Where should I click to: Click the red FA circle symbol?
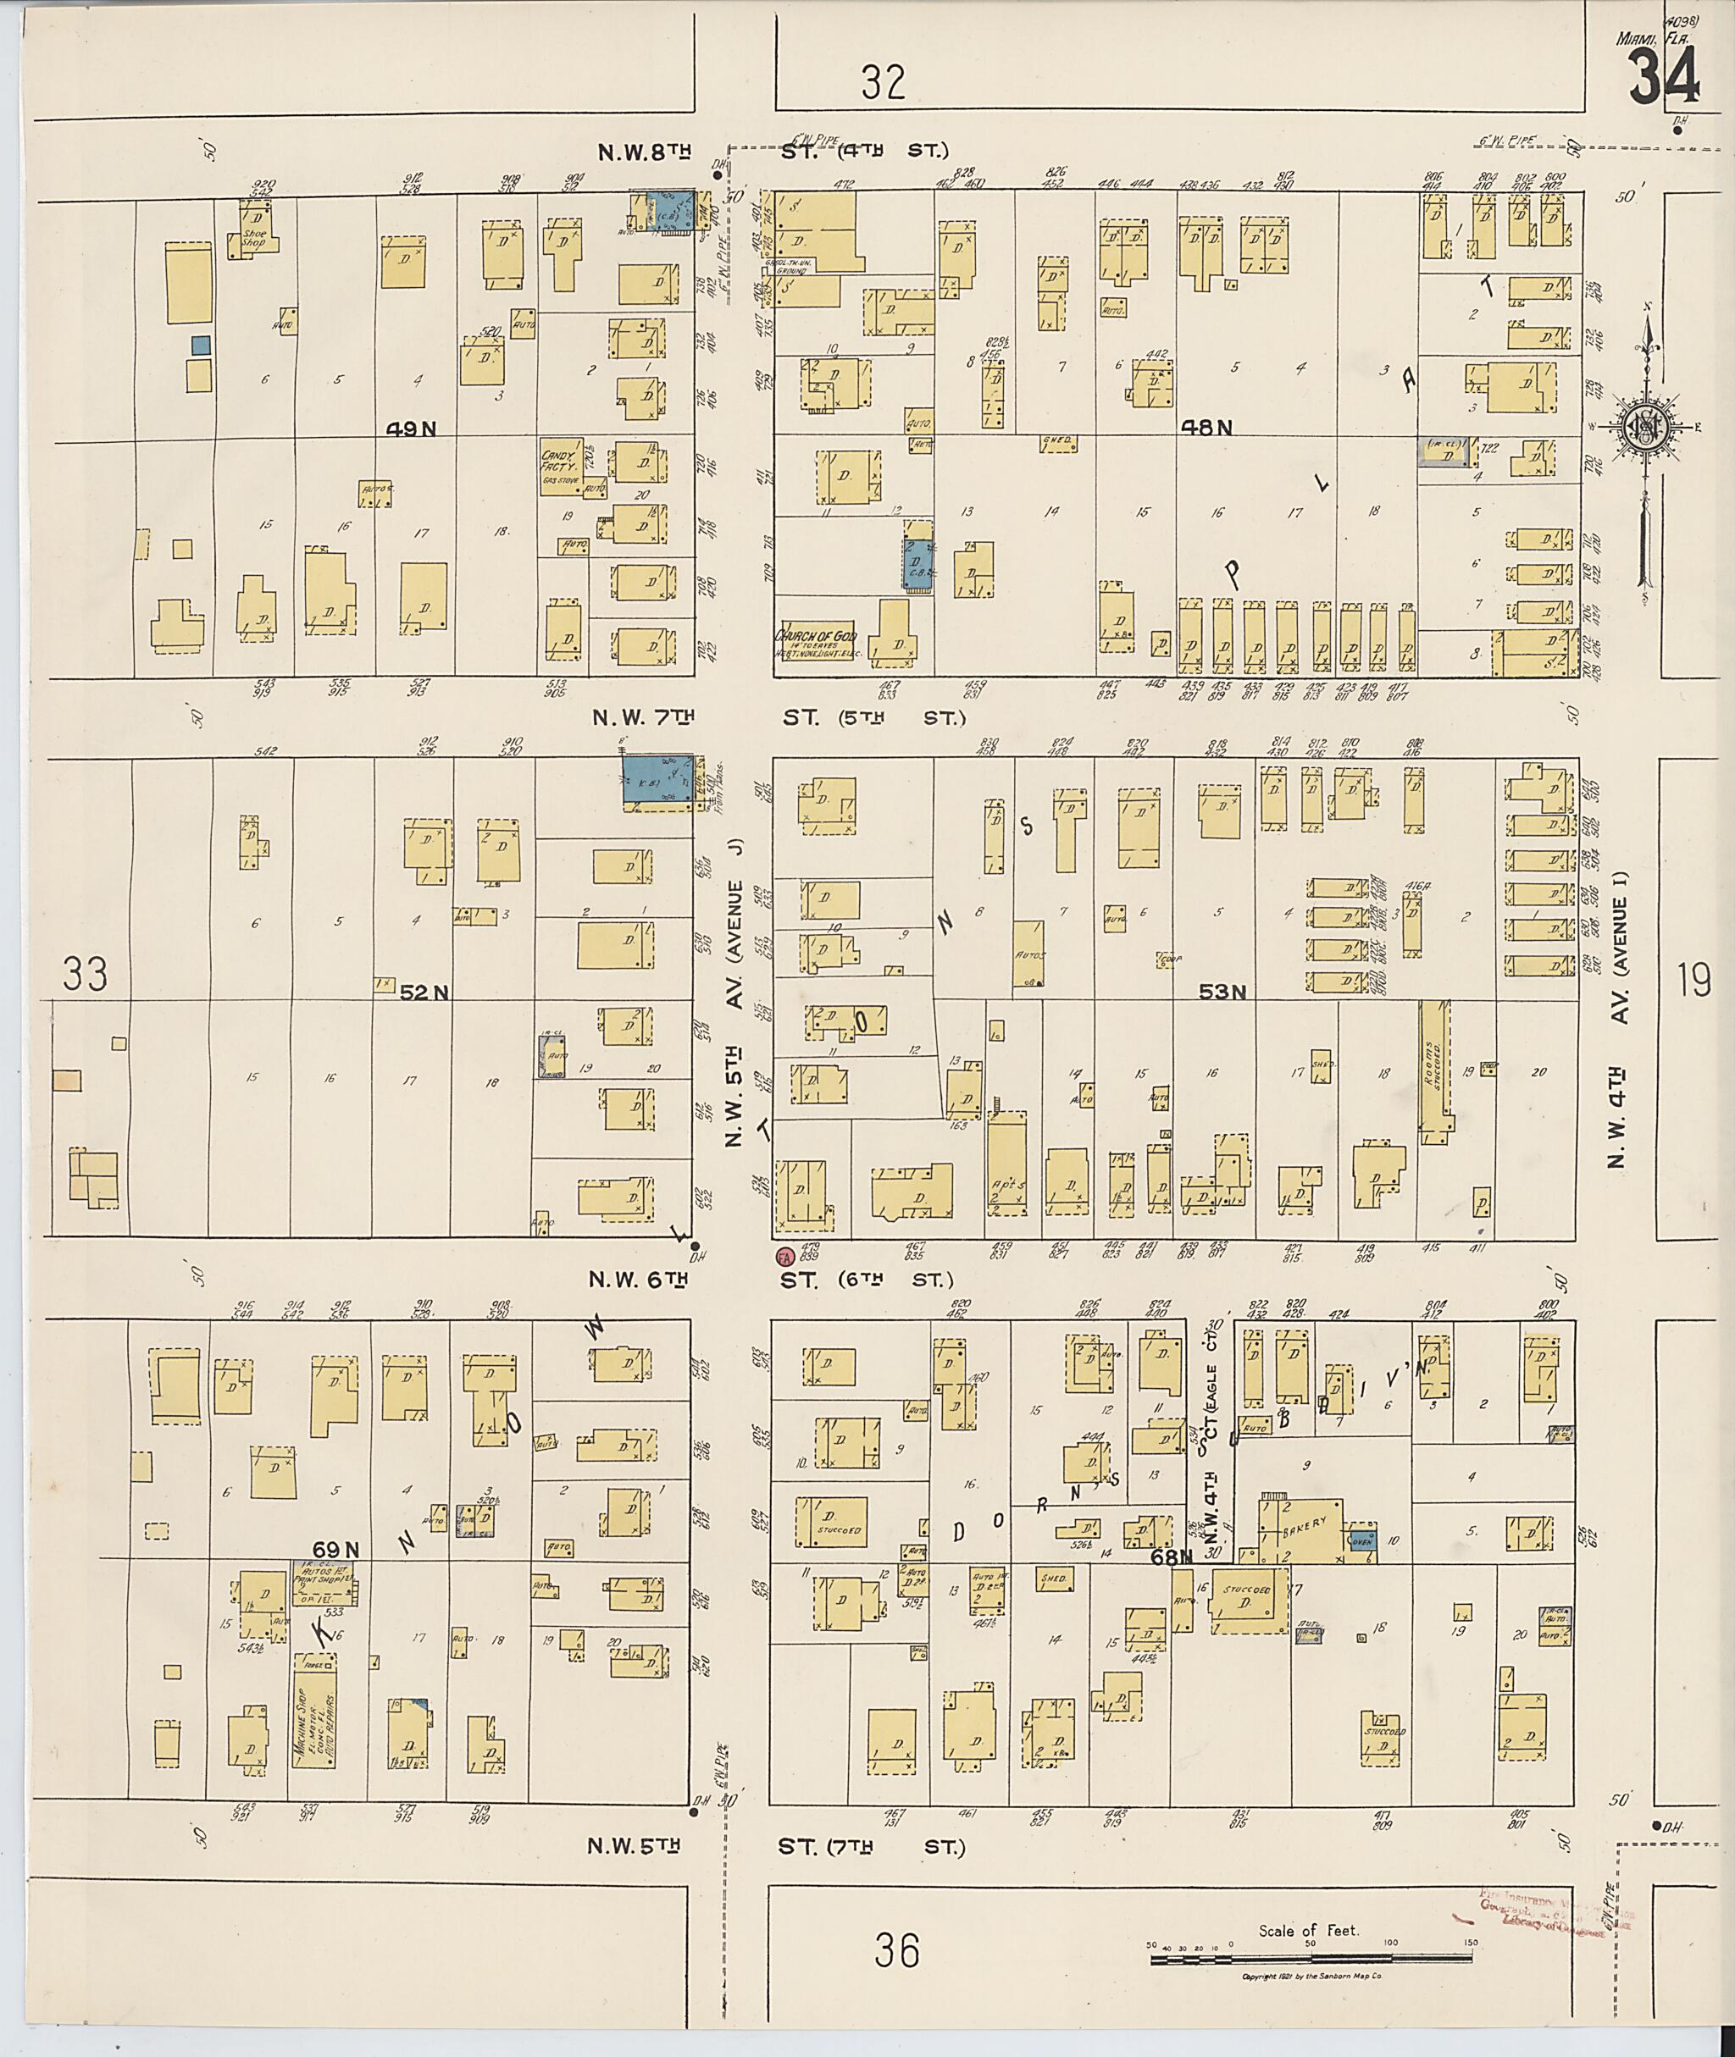click(x=784, y=1257)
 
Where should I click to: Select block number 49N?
click(x=410, y=428)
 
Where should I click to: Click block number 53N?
click(x=1222, y=993)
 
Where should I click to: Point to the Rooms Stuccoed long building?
click(x=1435, y=1072)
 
